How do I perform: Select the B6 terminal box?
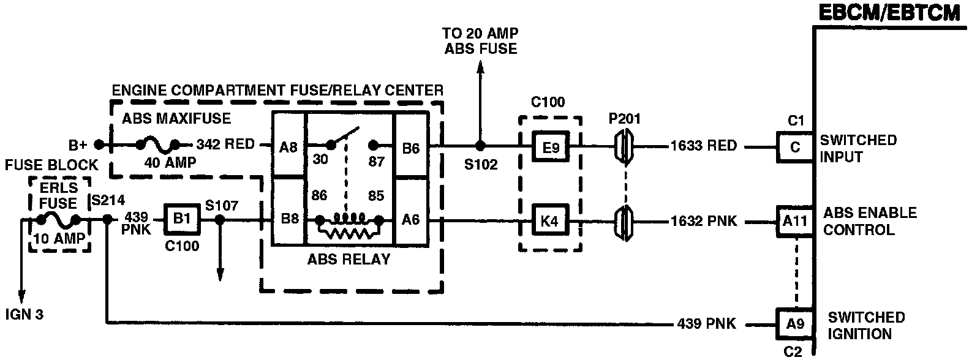pyautogui.click(x=411, y=146)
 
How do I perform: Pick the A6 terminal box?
pyautogui.click(x=411, y=219)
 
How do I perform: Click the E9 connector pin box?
pyautogui.click(x=549, y=147)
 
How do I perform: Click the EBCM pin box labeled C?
pyautogui.click(x=794, y=147)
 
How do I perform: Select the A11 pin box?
pyautogui.click(x=794, y=220)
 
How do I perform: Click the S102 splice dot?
pyautogui.click(x=481, y=146)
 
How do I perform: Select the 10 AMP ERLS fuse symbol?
pyautogui.click(x=58, y=220)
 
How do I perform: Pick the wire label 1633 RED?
pyautogui.click(x=703, y=146)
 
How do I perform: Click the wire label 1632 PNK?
pyautogui.click(x=703, y=220)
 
